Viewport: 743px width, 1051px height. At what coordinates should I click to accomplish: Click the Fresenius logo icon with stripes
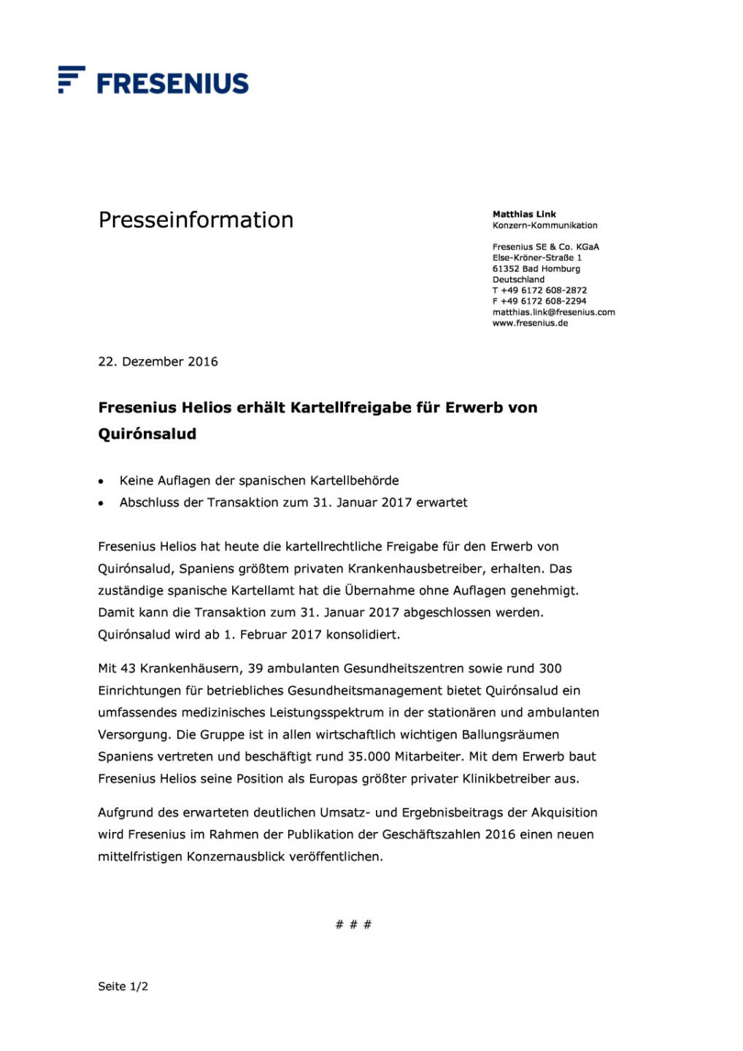pyautogui.click(x=71, y=79)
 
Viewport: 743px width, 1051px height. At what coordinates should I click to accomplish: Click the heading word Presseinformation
pyautogui.click(x=196, y=220)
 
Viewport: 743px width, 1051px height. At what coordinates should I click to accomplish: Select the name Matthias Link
pyautogui.click(x=524, y=214)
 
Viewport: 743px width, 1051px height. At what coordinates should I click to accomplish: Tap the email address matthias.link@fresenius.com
pyautogui.click(x=553, y=312)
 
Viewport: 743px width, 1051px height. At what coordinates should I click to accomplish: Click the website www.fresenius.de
pyautogui.click(x=530, y=323)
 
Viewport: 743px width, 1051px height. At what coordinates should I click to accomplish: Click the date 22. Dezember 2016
pyautogui.click(x=158, y=361)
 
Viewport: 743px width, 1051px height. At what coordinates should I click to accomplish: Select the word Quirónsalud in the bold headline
pyautogui.click(x=147, y=434)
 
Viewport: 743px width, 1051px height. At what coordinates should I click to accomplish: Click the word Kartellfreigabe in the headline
pyautogui.click(x=351, y=407)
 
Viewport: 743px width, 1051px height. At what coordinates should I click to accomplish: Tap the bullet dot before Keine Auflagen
pyautogui.click(x=101, y=482)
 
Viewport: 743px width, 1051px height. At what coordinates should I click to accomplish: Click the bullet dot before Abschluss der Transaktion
pyautogui.click(x=101, y=504)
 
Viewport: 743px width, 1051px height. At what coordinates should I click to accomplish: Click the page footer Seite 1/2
pyautogui.click(x=123, y=986)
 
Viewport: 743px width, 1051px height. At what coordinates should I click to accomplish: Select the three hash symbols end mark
pyautogui.click(x=353, y=924)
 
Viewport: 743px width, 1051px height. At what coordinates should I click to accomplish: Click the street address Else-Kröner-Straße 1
pyautogui.click(x=536, y=258)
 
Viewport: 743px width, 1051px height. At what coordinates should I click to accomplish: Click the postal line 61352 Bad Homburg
pyautogui.click(x=536, y=269)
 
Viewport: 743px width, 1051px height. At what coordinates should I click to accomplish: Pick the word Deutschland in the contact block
pyautogui.click(x=518, y=280)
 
